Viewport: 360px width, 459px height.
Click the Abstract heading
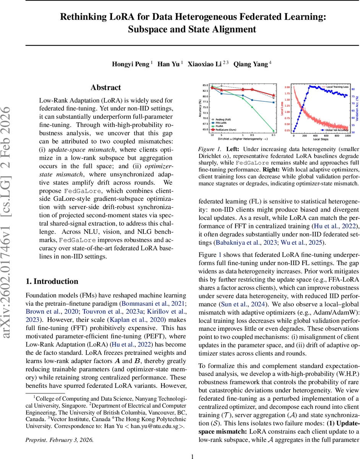coord(106,88)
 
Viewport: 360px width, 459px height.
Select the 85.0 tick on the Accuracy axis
coord(205,85)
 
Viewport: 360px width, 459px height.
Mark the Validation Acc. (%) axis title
coord(357,109)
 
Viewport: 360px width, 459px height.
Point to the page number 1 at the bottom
coord(193,446)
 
